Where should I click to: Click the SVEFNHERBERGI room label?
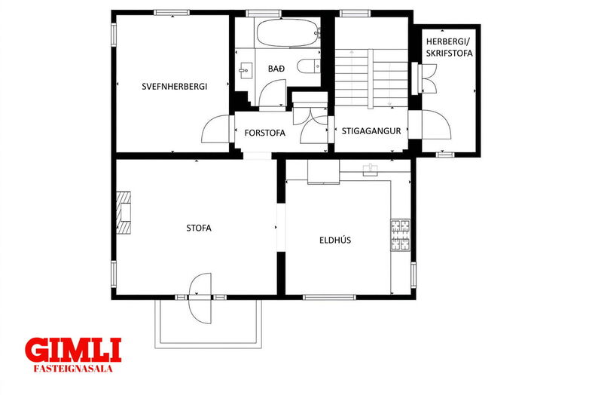tap(175, 87)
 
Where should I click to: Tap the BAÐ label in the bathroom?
tap(276, 69)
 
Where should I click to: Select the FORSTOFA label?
tap(264, 133)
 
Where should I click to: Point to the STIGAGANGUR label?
tap(371, 131)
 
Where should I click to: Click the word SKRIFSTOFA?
tap(450, 54)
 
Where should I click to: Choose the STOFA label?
tap(199, 228)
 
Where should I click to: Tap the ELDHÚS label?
tap(335, 240)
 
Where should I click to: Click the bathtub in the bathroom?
tap(287, 33)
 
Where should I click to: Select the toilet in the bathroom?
tap(309, 66)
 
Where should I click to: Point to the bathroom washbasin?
tap(246, 70)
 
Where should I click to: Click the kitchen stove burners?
tap(400, 234)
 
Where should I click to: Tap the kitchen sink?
tap(371, 170)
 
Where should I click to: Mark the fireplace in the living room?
tap(124, 213)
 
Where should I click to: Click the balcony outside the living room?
tap(209, 323)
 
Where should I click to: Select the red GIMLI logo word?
tap(73, 350)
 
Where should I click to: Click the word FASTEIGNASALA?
tap(73, 369)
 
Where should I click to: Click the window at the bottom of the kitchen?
tap(330, 297)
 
